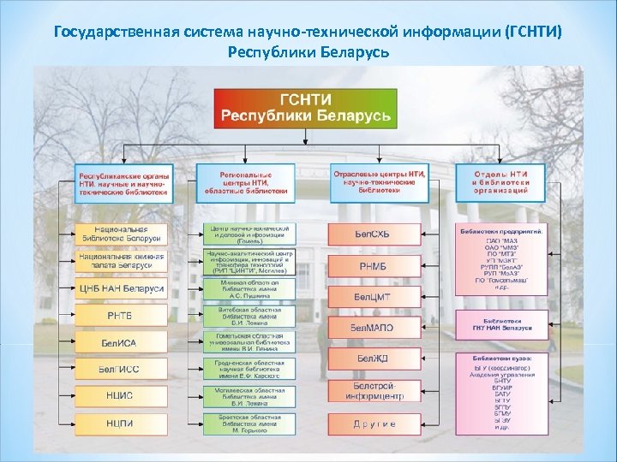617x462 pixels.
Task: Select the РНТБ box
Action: coord(120,316)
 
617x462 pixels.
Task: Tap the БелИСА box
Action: coord(120,342)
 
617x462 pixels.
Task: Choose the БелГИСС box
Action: coord(120,369)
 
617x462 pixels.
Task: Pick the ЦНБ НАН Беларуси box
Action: coord(120,289)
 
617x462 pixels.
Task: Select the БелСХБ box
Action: coord(374,234)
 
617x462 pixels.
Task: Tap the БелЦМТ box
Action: coord(374,296)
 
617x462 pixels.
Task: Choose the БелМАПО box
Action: coord(374,328)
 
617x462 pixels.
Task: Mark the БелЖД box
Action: coord(374,358)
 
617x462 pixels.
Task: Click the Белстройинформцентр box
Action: coord(374,391)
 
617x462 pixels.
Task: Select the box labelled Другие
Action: coord(374,423)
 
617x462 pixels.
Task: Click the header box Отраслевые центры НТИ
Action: coord(378,181)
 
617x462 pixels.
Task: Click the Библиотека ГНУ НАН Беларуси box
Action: coord(501,323)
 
